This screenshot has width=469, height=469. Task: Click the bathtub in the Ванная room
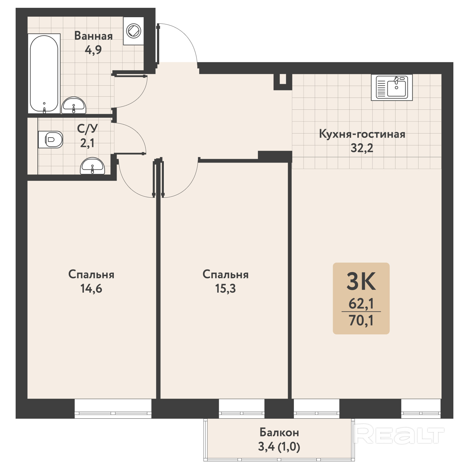click(x=44, y=73)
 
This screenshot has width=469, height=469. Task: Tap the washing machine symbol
click(x=134, y=31)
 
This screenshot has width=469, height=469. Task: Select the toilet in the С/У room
click(x=51, y=139)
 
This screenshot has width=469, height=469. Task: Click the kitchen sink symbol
click(x=392, y=87)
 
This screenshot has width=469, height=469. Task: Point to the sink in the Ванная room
click(x=73, y=105)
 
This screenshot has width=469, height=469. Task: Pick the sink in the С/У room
click(x=92, y=166)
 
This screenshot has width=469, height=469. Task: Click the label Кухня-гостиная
click(x=362, y=134)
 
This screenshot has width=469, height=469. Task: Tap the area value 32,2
click(x=362, y=148)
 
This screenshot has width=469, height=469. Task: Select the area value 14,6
click(x=91, y=288)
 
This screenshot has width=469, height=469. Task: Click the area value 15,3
click(x=225, y=288)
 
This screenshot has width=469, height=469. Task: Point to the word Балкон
click(x=279, y=432)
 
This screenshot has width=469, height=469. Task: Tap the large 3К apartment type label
click(x=361, y=281)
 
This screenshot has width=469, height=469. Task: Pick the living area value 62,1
click(x=361, y=304)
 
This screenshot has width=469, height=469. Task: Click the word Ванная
click(x=93, y=36)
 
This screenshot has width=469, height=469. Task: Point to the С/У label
click(x=88, y=129)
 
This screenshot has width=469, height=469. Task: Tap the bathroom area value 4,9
click(x=93, y=50)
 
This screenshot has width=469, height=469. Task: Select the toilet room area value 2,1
click(x=87, y=143)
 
